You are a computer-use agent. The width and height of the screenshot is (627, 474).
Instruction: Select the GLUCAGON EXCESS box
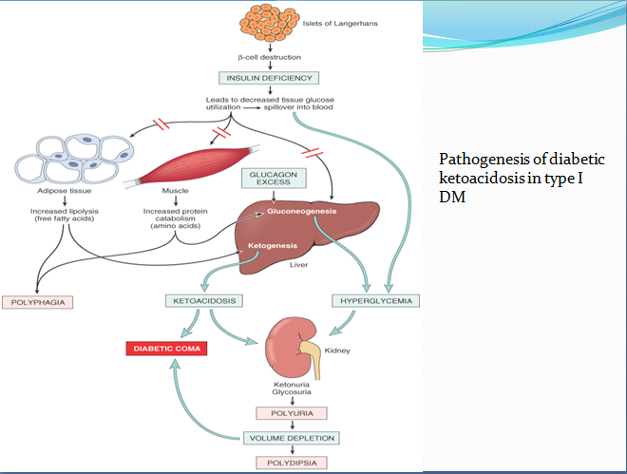pos(274,180)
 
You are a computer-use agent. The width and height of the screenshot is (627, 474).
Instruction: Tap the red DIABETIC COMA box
pos(166,349)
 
